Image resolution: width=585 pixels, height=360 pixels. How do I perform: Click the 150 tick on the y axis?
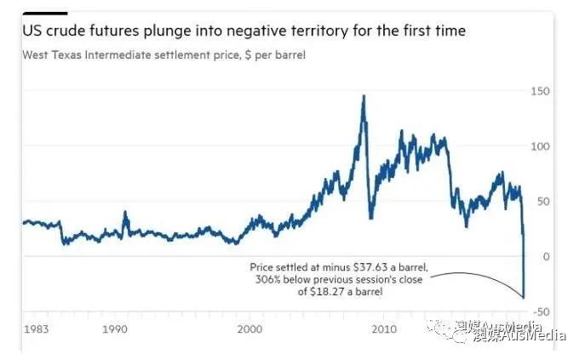pos(538,91)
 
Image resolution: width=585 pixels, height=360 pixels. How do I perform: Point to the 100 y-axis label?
pos(538,146)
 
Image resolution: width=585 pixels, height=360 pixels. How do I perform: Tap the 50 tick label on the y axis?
pos(541,201)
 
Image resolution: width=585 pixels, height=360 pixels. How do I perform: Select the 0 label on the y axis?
pos(544,256)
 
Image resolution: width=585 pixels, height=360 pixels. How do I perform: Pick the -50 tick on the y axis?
pos(540,311)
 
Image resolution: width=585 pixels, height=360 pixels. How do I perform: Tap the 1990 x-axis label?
pos(114,329)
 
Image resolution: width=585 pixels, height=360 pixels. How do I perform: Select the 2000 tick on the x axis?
pos(249,329)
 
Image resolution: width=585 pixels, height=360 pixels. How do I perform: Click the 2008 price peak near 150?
pos(364,96)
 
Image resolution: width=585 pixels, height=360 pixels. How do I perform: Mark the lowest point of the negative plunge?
pos(523,298)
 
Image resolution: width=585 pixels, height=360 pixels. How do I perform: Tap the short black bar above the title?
pos(45,13)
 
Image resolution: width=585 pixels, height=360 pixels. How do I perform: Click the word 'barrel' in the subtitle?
pos(289,55)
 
